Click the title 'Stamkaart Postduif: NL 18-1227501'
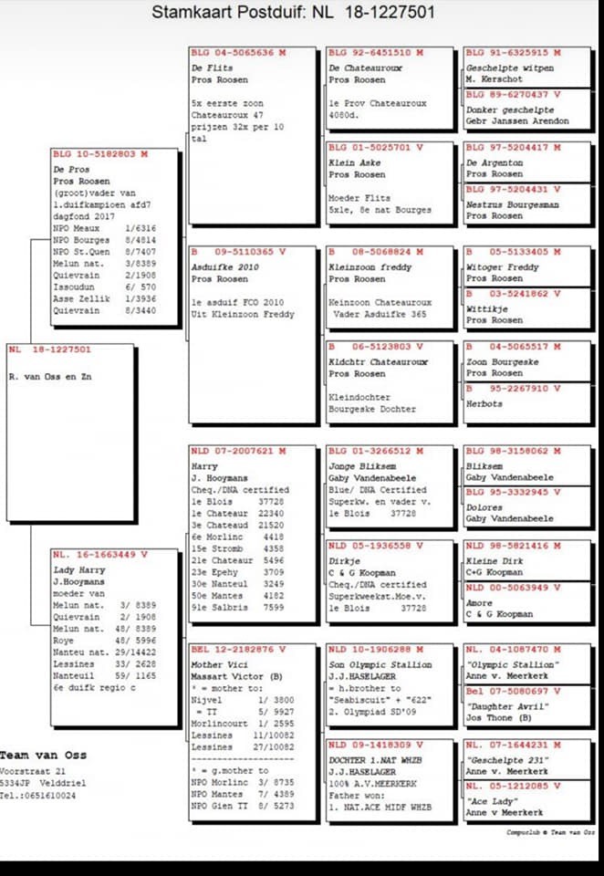point(291,13)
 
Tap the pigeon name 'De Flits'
point(212,68)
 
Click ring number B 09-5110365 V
point(230,252)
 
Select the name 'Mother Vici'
point(219,664)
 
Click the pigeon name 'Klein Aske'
point(356,161)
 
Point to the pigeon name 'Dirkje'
point(346,558)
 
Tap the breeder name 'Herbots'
point(484,403)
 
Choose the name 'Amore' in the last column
point(480,602)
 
